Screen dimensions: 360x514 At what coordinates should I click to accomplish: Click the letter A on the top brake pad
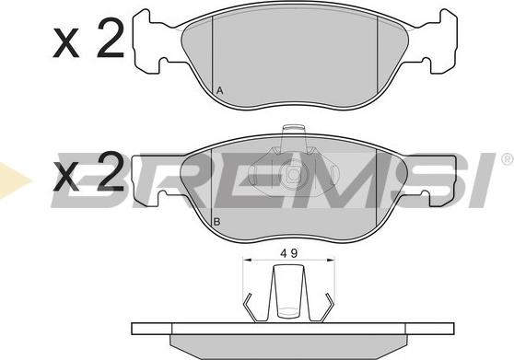(219, 90)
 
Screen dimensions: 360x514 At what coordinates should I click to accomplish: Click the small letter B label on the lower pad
(216, 223)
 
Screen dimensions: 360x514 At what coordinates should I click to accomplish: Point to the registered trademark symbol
(506, 160)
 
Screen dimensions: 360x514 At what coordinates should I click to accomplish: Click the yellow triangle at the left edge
(7, 176)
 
